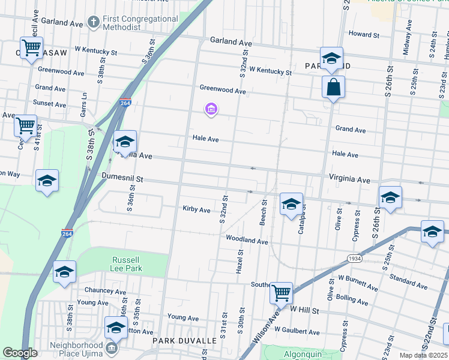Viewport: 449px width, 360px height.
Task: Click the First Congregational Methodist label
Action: pos(140,23)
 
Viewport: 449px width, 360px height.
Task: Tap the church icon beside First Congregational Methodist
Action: pos(93,22)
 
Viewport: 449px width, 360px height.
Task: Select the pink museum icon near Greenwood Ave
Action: pos(211,109)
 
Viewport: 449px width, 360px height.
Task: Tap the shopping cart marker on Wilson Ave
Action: pos(281,293)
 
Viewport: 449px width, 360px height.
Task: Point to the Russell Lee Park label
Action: pos(127,264)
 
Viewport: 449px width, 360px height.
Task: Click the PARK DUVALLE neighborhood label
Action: pos(184,341)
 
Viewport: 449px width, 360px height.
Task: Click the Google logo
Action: pos(20,353)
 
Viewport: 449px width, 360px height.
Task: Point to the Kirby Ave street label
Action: pos(197,210)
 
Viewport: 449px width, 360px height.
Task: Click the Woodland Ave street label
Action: pos(247,240)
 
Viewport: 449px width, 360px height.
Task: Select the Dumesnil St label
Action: pos(122,178)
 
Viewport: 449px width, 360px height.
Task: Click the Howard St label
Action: pos(364,35)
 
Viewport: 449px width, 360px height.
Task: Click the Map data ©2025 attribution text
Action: pos(423,355)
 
